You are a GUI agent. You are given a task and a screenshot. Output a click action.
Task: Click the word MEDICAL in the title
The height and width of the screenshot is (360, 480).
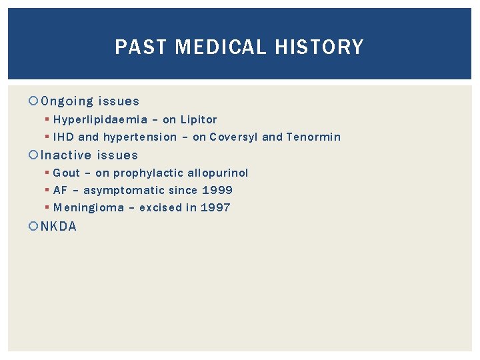click(215, 47)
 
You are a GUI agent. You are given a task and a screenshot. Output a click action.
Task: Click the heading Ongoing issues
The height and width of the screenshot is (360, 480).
click(90, 101)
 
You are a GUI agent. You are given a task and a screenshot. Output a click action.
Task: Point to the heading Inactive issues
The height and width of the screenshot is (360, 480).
click(89, 155)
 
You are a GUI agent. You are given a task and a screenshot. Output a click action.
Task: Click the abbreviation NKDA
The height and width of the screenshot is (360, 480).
click(59, 227)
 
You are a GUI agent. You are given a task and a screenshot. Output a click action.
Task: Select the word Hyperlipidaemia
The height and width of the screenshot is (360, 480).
click(100, 120)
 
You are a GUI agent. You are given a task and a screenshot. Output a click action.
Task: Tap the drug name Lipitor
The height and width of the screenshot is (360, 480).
click(199, 120)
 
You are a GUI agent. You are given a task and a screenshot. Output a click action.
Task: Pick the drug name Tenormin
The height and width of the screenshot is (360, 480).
click(313, 137)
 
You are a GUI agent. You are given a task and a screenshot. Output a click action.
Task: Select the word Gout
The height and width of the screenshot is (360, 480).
click(66, 173)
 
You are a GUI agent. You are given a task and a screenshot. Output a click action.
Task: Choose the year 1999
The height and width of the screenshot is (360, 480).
click(217, 191)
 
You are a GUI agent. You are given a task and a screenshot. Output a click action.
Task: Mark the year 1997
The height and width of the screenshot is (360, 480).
click(215, 208)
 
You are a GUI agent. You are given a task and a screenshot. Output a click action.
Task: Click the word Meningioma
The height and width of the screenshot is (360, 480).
click(89, 208)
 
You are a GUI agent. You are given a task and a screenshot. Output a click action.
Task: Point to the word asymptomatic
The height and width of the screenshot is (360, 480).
click(124, 191)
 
